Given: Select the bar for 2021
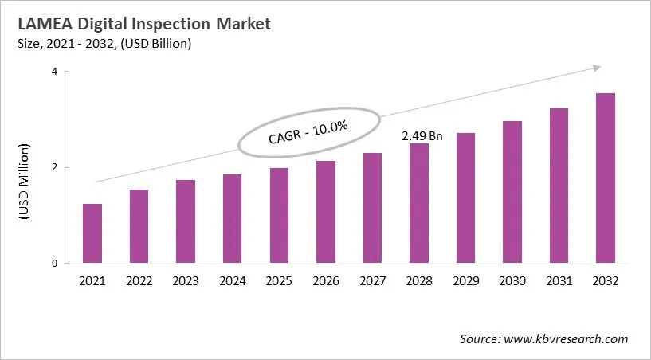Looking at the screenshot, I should [x=92, y=233].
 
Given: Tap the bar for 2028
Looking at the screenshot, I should [x=419, y=203].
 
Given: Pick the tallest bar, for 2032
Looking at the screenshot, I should [x=605, y=178].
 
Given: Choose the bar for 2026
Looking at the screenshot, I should [x=326, y=212].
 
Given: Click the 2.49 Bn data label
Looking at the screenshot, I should [x=422, y=136].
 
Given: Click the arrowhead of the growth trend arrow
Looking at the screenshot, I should [x=596, y=69].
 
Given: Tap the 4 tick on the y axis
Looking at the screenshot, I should [x=55, y=72].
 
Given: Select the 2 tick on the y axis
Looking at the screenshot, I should [x=55, y=167].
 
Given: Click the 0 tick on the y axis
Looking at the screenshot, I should [x=55, y=264].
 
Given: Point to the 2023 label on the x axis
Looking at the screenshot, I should [x=186, y=280].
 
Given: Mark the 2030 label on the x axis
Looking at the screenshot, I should [x=512, y=280].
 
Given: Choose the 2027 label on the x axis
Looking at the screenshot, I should [x=372, y=280].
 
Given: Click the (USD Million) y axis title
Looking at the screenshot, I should [x=24, y=182].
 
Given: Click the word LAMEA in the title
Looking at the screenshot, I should [x=40, y=24].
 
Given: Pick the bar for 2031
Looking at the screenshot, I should [x=559, y=186].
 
